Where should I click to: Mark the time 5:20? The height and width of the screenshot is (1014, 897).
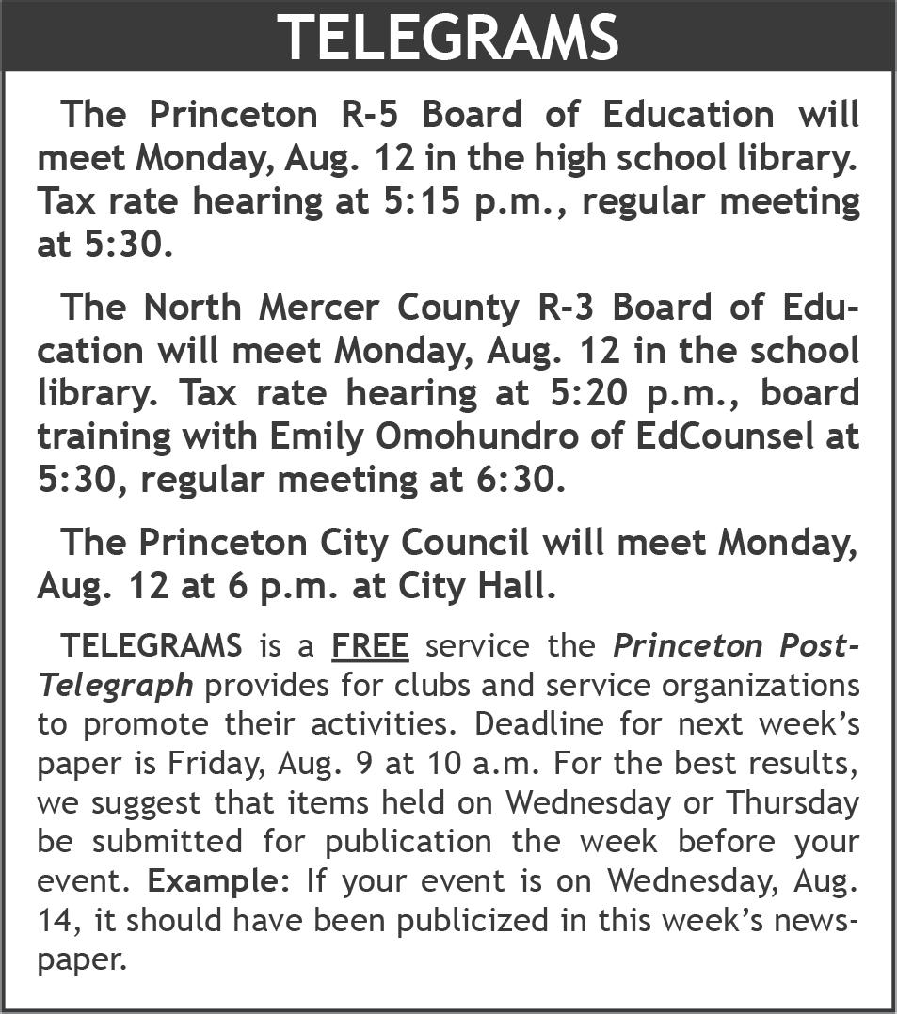[577, 393]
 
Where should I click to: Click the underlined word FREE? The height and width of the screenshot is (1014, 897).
[370, 647]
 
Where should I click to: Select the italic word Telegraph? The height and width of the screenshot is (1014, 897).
[116, 686]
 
